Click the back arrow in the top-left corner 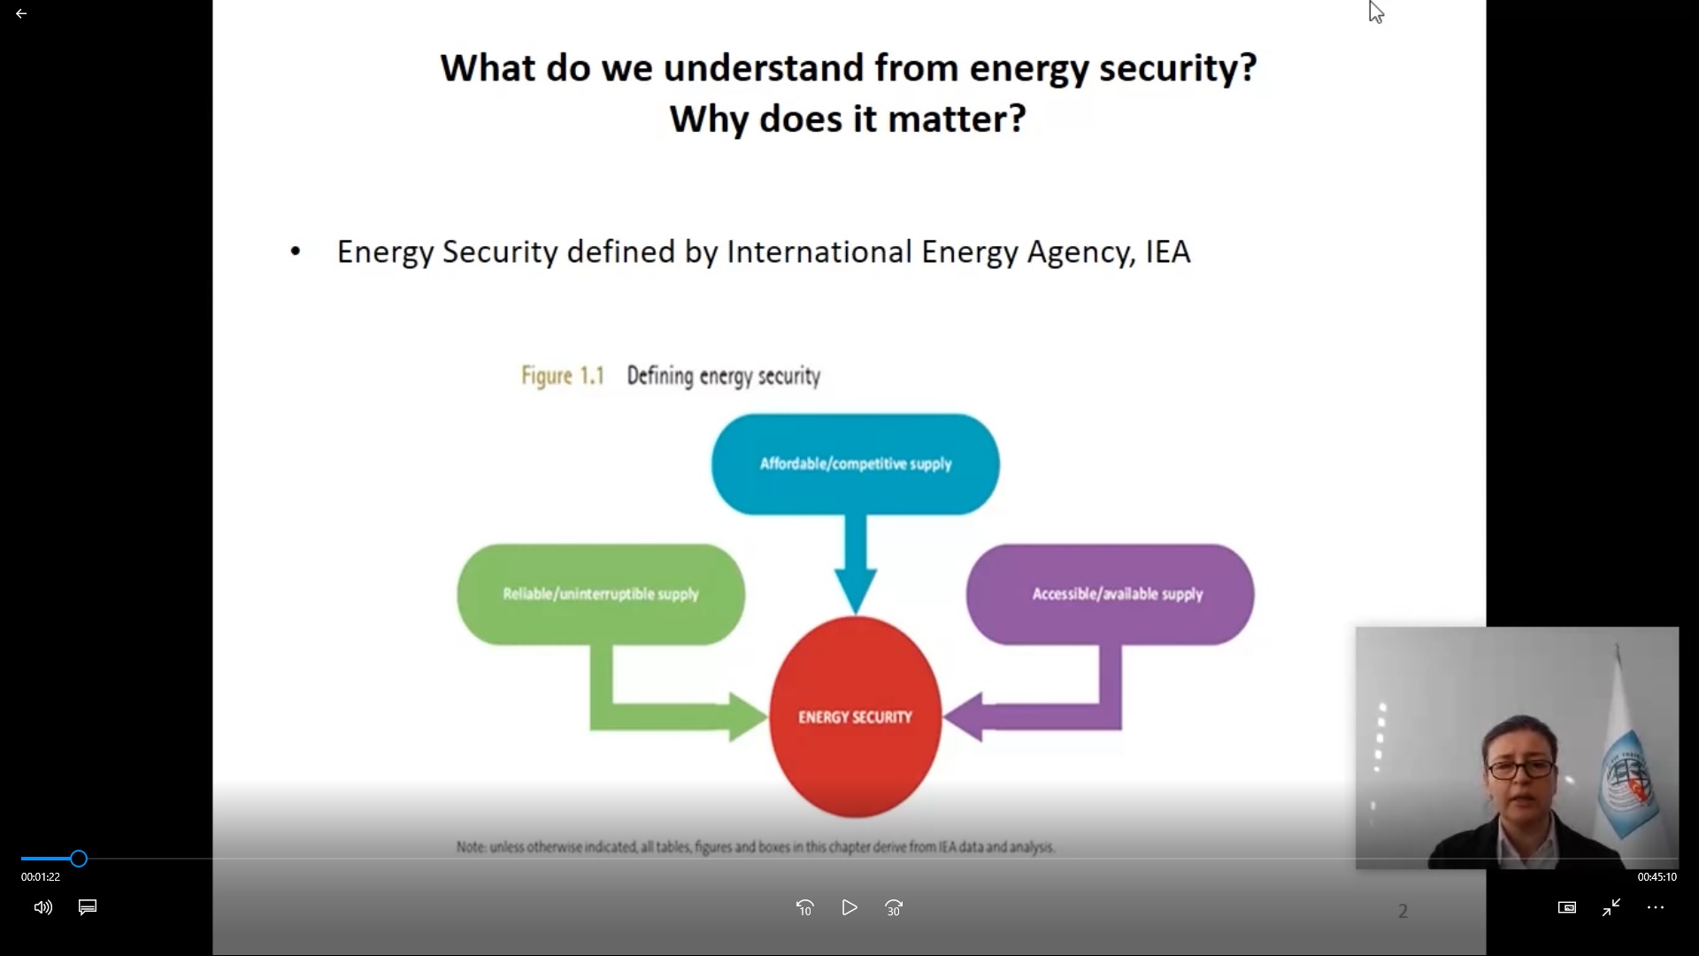(21, 14)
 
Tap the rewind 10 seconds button (804, 907)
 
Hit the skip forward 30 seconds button (894, 907)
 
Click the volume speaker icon (42, 907)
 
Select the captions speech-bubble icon (88, 907)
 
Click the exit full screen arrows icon (1611, 907)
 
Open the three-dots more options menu (1656, 907)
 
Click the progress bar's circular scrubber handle (79, 859)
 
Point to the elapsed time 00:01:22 (41, 877)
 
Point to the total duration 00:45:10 (1657, 877)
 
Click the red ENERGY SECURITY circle (855, 717)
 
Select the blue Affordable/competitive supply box (856, 464)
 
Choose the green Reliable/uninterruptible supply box (601, 594)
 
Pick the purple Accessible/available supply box (1110, 594)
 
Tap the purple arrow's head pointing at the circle (964, 717)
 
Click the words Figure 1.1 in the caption (563, 376)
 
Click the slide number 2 (1403, 911)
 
